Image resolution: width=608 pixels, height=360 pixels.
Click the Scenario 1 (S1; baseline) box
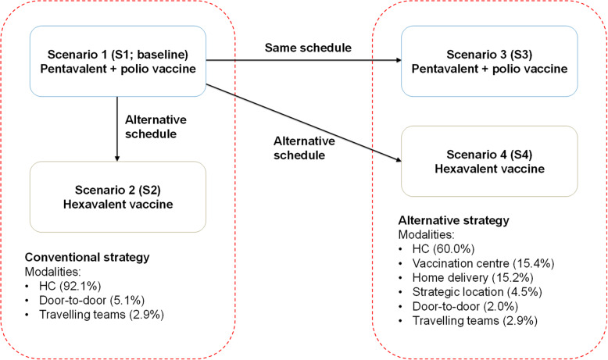118,61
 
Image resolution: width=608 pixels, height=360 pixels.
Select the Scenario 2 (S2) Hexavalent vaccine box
118,197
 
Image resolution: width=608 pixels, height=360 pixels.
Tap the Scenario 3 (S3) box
489,61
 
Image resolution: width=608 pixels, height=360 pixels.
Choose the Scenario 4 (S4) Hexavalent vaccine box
489,161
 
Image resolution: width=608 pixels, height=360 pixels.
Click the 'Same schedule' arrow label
308,48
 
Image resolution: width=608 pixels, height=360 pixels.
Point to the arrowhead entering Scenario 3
399,60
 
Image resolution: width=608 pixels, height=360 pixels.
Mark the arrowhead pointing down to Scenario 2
117,159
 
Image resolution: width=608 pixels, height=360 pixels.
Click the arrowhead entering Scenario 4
399,159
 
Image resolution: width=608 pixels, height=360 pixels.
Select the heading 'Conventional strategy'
88,257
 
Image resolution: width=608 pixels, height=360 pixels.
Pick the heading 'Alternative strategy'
454,220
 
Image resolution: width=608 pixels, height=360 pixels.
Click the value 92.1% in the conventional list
80,286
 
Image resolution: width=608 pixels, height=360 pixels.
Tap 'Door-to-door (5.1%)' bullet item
92,301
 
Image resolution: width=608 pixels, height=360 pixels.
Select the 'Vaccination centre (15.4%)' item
483,263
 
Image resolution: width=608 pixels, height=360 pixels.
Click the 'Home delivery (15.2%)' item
473,278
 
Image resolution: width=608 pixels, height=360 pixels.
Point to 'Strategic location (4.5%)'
477,292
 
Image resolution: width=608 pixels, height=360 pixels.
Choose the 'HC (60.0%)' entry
443,249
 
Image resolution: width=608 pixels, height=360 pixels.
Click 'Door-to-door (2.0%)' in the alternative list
465,306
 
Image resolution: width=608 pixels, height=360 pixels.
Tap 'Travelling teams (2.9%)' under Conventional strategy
102,314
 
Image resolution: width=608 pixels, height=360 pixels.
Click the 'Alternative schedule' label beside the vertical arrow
156,127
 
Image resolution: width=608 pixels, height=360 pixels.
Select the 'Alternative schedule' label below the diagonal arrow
304,148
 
